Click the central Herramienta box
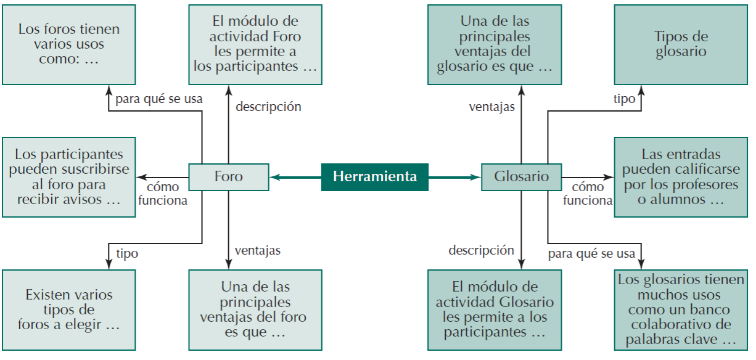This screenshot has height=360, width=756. click(375, 177)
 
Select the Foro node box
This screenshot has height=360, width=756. click(228, 177)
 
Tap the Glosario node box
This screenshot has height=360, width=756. click(521, 177)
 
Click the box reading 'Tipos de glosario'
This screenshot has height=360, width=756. click(680, 44)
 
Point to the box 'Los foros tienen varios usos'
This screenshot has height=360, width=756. click(69, 44)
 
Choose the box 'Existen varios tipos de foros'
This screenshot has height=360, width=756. click(69, 310)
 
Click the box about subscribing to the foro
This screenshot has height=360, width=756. click(69, 177)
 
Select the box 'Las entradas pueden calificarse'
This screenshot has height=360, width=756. click(680, 177)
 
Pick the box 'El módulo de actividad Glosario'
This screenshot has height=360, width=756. click(495, 310)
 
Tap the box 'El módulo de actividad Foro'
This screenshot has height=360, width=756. click(255, 44)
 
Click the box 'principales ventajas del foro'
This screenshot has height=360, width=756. click(255, 310)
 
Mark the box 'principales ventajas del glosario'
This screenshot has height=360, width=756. click(495, 44)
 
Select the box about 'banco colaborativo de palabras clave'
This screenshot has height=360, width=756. click(680, 310)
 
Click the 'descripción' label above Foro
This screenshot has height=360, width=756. click(268, 107)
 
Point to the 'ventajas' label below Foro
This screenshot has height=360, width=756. click(257, 250)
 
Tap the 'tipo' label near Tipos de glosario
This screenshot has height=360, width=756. click(624, 99)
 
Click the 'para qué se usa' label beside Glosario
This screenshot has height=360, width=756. click(591, 253)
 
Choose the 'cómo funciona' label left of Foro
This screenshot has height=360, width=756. click(163, 194)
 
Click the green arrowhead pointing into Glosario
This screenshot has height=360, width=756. click(475, 178)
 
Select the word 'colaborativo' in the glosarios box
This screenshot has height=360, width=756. click(680, 325)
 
